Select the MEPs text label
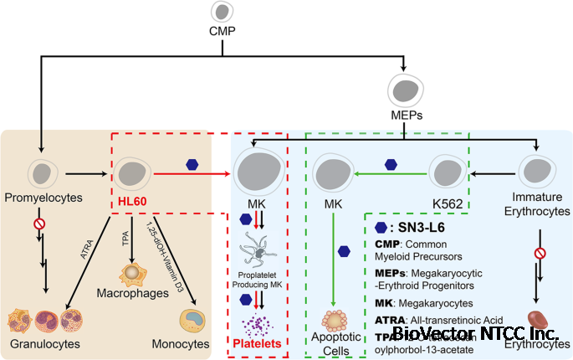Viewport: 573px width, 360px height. (x=405, y=116)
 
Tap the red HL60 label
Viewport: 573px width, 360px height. (x=130, y=203)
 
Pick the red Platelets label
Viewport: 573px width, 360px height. (x=258, y=344)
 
